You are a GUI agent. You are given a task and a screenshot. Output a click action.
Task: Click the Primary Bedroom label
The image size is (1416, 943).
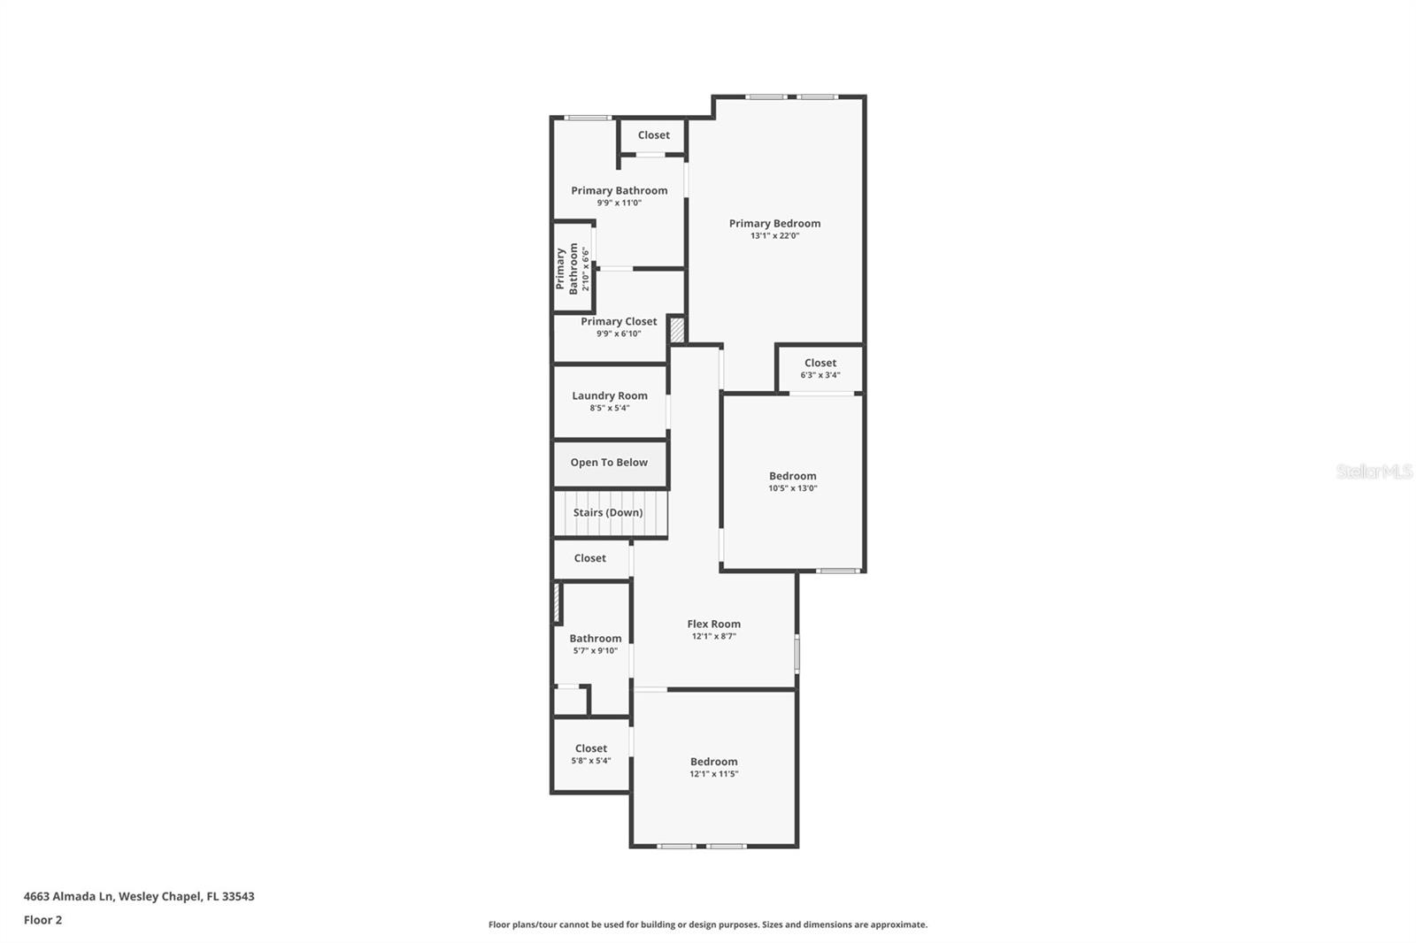coord(774,223)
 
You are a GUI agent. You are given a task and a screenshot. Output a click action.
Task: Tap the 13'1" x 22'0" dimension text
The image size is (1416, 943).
coord(774,236)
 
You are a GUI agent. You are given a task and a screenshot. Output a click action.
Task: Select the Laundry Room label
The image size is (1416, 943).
coord(609,395)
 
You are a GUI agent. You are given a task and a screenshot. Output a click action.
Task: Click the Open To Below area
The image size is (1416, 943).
coord(609,463)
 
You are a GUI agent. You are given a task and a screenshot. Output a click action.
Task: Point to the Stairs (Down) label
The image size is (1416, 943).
coord(608,512)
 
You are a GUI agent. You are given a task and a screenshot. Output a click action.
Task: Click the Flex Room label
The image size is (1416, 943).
coord(713,624)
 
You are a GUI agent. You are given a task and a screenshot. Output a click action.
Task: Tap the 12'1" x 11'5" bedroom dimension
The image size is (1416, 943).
coord(713,774)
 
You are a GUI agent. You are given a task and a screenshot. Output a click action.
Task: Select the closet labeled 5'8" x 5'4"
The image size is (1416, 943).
coord(590,754)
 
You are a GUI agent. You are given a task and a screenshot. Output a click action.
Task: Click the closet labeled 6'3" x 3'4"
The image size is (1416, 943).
coord(820,368)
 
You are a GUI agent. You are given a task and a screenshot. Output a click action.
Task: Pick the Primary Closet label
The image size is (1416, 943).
coord(619,321)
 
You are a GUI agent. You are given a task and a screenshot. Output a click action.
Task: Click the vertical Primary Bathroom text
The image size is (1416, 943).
coord(566,269)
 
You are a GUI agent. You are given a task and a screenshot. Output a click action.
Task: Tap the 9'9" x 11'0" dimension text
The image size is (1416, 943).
coord(619,203)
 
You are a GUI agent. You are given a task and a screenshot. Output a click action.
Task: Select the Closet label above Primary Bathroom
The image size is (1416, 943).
coord(653,135)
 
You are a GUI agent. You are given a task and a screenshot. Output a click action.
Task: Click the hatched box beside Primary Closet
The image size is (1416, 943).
coord(677,330)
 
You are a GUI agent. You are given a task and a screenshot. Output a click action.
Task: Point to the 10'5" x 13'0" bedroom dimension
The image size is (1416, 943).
coord(792,488)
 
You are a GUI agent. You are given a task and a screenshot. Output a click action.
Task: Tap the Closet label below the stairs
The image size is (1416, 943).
coord(589,558)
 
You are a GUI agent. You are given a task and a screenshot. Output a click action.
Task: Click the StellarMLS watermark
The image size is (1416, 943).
coord(1374,471)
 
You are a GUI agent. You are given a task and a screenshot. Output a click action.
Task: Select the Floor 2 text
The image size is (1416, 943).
coord(42,920)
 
